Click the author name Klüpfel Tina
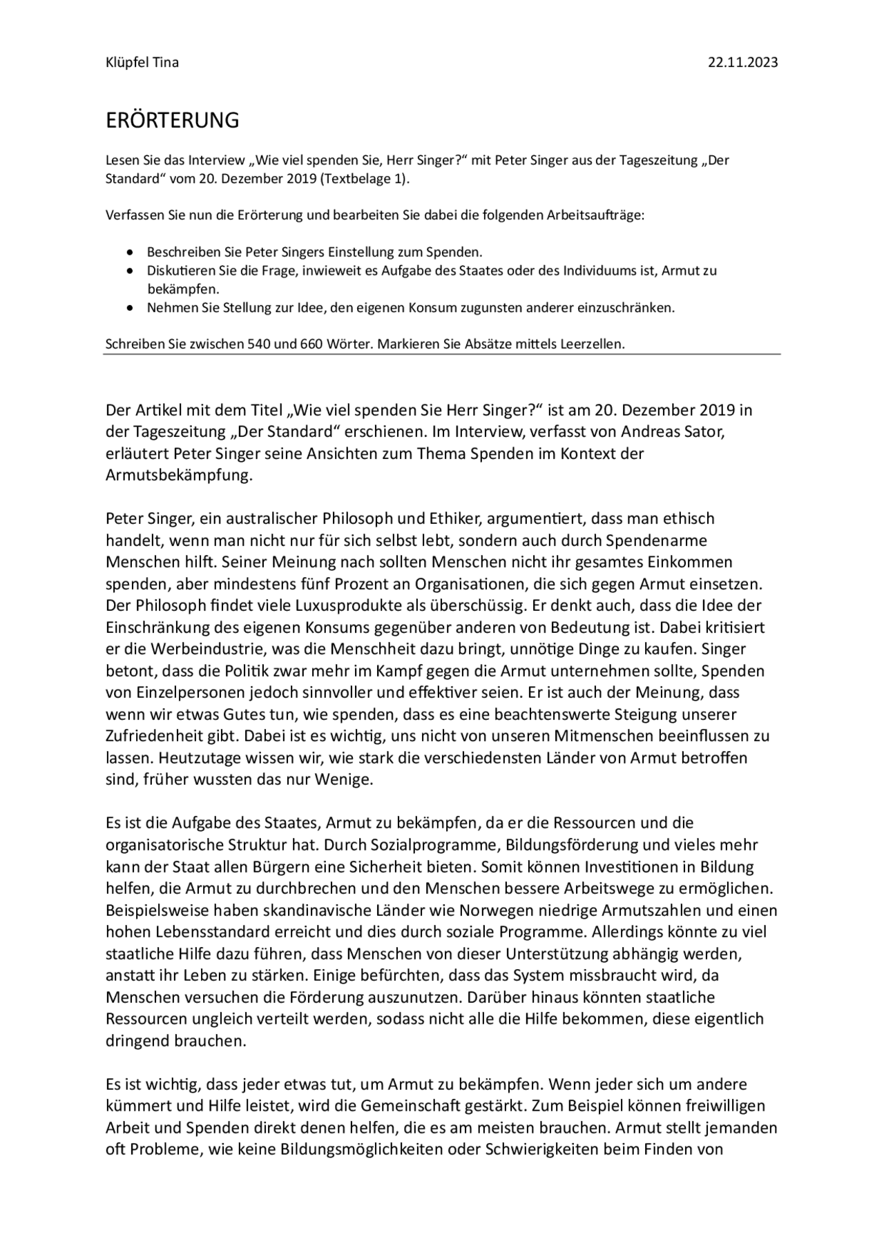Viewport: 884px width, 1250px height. click(142, 62)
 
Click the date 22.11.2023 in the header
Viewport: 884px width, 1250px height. click(742, 62)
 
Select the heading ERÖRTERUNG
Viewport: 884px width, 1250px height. click(172, 120)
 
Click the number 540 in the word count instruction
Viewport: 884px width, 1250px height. click(259, 344)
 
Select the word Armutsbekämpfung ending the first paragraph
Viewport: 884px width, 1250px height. click(179, 476)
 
